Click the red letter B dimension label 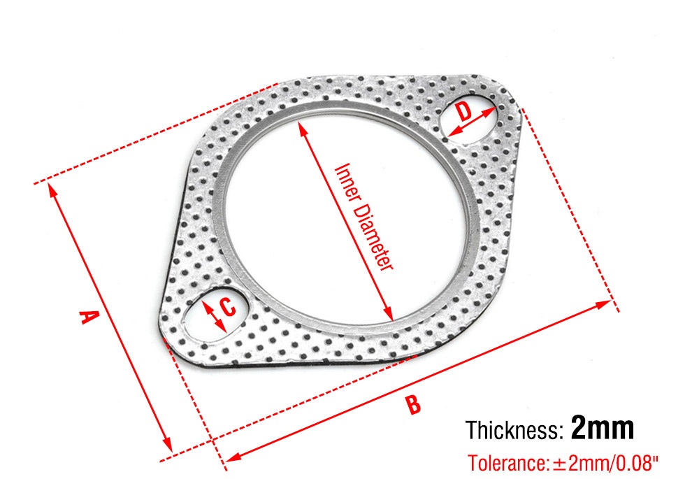[413, 404]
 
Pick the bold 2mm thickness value [603, 427]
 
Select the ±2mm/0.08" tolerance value [605, 463]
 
